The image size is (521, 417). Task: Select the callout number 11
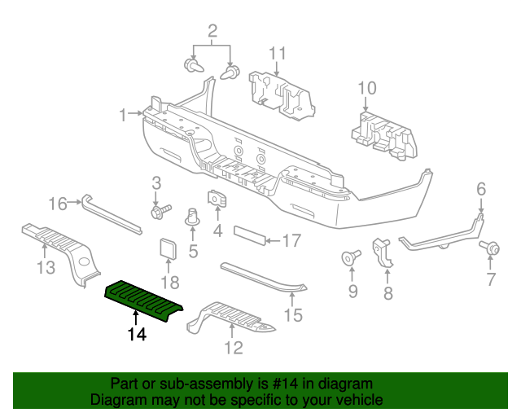coord(278,55)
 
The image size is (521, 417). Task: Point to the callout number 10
coord(366,88)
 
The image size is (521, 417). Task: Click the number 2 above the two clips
coord(212,32)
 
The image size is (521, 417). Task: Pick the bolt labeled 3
coord(160,212)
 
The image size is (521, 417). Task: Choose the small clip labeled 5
coord(194,217)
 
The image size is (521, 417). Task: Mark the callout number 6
coord(481,190)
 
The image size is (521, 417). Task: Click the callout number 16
coord(57,203)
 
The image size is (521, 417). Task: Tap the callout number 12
coord(233,349)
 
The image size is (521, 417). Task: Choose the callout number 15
coord(292,314)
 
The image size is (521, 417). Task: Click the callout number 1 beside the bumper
coord(123,115)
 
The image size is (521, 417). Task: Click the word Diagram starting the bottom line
coord(119,401)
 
